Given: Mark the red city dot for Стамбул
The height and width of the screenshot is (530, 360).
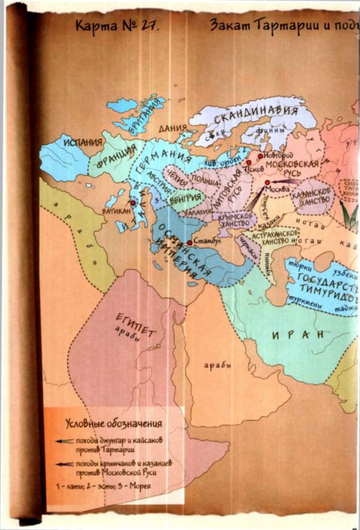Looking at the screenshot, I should [x=190, y=243].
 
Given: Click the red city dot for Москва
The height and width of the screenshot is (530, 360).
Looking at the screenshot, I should [x=267, y=182].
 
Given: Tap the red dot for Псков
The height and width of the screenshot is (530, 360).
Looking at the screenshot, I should [x=249, y=162].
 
